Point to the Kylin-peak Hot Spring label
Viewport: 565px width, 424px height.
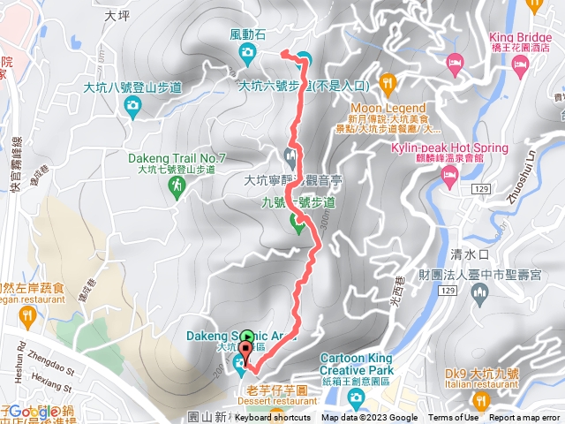click(449, 148)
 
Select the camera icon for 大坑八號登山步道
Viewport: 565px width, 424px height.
click(132, 107)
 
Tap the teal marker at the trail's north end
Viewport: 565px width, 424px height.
click(304, 59)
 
